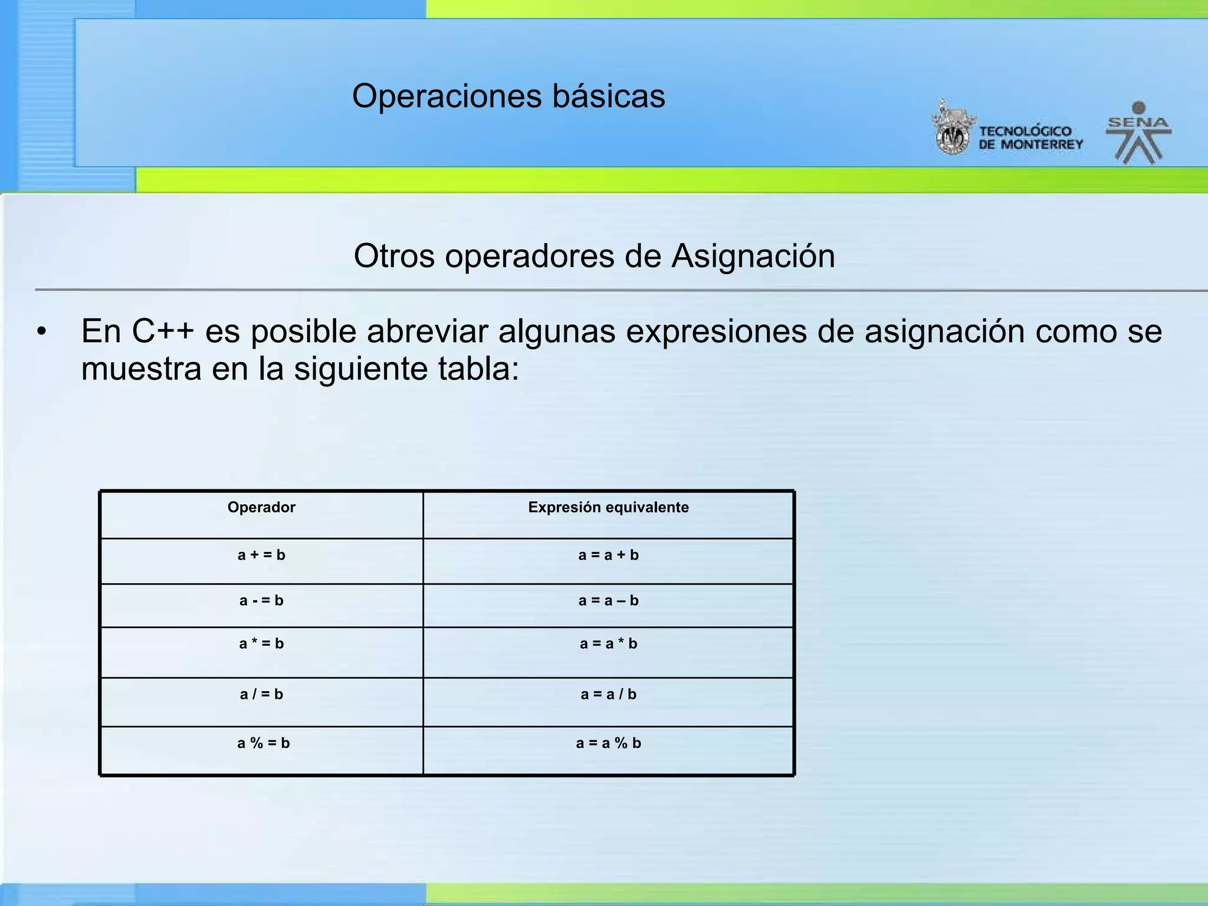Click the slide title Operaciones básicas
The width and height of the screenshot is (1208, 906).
508,96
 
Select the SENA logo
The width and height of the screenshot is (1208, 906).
1138,133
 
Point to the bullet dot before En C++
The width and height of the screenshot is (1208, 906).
41,332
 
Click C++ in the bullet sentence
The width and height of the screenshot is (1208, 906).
163,331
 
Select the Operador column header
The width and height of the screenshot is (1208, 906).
261,507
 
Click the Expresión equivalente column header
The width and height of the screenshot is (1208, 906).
608,507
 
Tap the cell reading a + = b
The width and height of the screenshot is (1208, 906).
261,555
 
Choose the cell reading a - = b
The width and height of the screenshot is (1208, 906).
261,600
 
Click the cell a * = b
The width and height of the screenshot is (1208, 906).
261,644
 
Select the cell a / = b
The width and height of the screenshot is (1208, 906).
261,694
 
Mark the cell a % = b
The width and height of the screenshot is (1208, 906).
263,743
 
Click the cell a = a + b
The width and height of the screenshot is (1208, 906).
608,555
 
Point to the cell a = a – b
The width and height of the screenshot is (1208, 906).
608,600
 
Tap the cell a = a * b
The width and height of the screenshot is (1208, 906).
608,644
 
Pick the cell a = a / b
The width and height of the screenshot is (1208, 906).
608,694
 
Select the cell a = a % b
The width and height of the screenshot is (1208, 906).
608,743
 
